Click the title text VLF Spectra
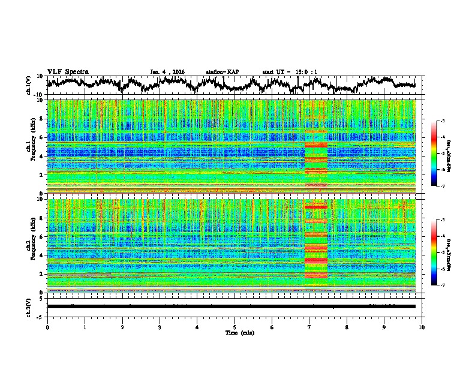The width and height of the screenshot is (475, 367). [x=68, y=71]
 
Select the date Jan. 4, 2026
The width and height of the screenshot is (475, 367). [x=167, y=72]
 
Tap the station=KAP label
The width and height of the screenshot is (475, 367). [x=222, y=72]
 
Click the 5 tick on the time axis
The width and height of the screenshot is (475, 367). [x=235, y=327]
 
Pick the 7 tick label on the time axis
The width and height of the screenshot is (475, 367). [x=309, y=327]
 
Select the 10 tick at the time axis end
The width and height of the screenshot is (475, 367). [x=422, y=327]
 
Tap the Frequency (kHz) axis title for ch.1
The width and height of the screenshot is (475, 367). [x=31, y=146]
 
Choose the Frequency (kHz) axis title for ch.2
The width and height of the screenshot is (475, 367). [x=31, y=245]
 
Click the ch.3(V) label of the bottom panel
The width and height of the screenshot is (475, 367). [x=29, y=306]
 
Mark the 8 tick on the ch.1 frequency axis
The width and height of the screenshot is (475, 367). [x=41, y=119]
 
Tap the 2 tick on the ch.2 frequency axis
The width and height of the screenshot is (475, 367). [x=41, y=274]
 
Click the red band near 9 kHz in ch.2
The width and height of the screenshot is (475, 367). [x=316, y=206]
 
